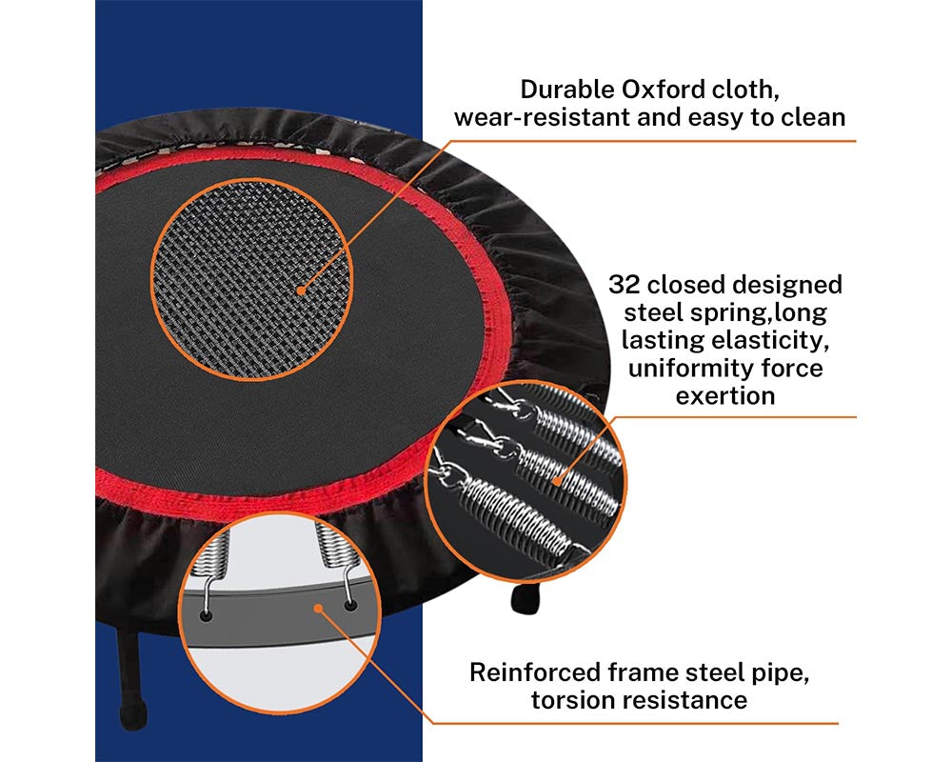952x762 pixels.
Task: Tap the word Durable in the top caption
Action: point(565,90)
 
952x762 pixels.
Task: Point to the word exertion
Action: point(724,395)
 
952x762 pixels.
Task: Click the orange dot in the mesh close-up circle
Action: point(301,290)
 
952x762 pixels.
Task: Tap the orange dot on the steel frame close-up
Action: point(318,607)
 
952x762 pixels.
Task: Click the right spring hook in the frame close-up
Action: point(348,602)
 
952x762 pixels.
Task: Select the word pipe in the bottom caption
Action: point(783,672)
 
